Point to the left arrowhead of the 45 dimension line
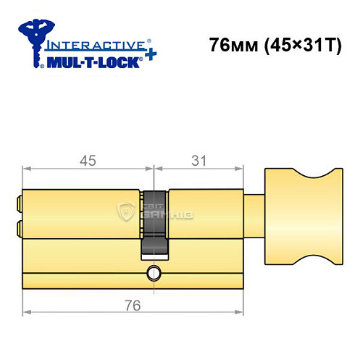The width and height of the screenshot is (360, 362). click(27, 170)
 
